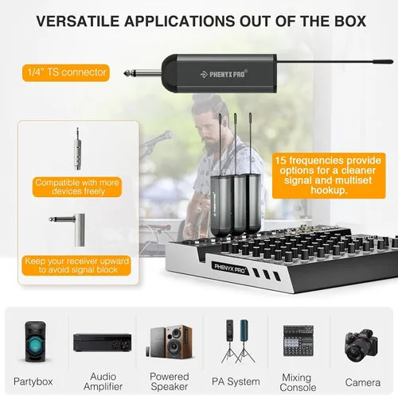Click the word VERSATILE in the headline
click(x=78, y=21)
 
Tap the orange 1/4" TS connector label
click(x=66, y=72)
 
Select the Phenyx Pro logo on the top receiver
click(x=224, y=74)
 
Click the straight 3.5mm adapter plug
click(x=78, y=149)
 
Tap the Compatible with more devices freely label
click(x=77, y=187)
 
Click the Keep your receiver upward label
click(x=76, y=265)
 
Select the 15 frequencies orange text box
click(x=329, y=176)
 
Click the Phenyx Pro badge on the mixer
click(x=230, y=269)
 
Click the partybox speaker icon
click(x=35, y=342)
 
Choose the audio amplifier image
click(x=103, y=343)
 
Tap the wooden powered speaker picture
click(x=170, y=342)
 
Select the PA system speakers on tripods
click(x=238, y=341)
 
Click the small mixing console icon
click(x=298, y=341)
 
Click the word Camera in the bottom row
click(x=363, y=382)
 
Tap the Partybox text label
click(x=33, y=381)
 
